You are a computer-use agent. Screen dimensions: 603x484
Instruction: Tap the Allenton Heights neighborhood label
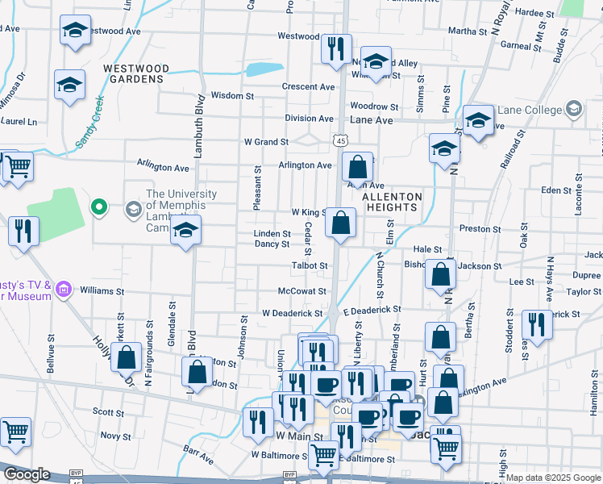tap(392, 202)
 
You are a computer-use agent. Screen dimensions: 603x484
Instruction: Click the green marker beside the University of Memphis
tap(98, 209)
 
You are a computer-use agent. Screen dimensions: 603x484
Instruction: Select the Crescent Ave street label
tap(308, 87)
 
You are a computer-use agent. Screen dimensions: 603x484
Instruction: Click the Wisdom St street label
tap(232, 95)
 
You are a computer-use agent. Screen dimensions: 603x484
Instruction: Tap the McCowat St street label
tap(301, 291)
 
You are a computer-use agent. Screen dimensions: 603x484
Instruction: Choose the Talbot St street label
tap(310, 265)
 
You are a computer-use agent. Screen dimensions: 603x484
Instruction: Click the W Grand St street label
tap(267, 142)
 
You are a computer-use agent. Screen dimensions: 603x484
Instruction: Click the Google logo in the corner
tap(27, 474)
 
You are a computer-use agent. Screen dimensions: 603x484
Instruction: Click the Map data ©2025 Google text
tap(553, 478)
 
